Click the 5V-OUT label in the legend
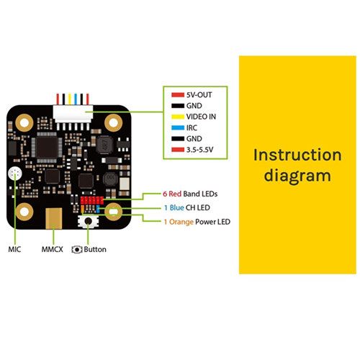tap(199, 95)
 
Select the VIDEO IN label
tap(201, 117)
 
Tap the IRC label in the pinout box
tap(192, 127)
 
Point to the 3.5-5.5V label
tap(199, 150)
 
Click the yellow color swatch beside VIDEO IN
tap(178, 117)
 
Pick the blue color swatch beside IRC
tap(178, 128)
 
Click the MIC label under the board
tap(14, 249)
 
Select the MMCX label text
tap(53, 249)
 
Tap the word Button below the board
tap(95, 249)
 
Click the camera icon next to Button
tap(77, 250)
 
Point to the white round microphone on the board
tap(15, 174)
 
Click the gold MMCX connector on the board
tap(54, 218)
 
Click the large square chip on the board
tap(47, 147)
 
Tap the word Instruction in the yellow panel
tap(297, 155)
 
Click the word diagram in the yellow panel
tap(297, 176)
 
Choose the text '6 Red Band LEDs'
tap(190, 194)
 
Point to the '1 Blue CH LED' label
tap(187, 207)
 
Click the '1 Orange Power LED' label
tap(197, 222)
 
